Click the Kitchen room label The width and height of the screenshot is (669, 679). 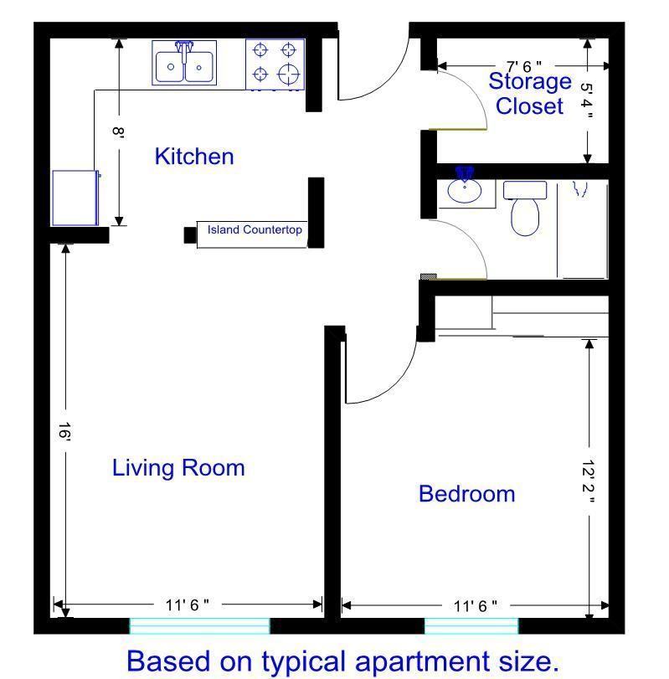194,157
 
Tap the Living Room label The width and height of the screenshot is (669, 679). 178,468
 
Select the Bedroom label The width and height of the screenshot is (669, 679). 466,494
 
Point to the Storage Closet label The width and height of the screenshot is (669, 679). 530,94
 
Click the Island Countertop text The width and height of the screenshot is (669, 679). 255,229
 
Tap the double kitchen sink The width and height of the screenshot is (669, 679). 184,64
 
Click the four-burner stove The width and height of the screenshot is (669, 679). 275,64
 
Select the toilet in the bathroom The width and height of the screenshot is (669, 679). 525,208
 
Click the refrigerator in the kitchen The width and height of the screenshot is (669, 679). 75,198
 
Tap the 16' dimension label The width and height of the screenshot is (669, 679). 65,432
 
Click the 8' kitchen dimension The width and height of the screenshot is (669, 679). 118,131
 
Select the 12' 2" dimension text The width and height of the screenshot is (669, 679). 588,481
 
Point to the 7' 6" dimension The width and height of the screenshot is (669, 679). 524,67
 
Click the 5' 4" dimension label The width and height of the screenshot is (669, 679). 586,101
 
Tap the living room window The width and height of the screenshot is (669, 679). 199,626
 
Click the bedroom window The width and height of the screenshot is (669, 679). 471,626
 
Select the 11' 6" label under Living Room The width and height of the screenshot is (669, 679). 187,605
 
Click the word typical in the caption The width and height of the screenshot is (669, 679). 304,662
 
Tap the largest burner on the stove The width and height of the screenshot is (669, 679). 288,74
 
